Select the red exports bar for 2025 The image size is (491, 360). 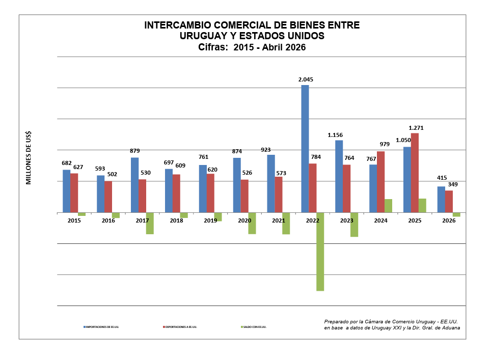[x=415, y=173]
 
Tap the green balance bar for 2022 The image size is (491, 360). [x=320, y=252]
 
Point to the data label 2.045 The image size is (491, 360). [x=306, y=79]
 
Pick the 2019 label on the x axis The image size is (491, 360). [x=210, y=220]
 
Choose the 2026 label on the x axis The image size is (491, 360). [x=449, y=220]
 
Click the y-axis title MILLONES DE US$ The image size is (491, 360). [x=29, y=158]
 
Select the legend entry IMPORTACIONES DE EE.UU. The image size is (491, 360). [x=102, y=327]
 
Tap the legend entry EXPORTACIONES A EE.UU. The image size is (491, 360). [x=181, y=327]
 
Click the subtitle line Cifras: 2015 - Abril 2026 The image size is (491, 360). [x=252, y=47]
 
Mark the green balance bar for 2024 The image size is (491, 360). [x=388, y=206]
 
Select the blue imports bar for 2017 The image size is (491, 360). [x=135, y=185]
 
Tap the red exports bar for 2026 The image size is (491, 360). [x=449, y=201]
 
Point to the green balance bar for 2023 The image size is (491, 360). [x=354, y=225]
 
